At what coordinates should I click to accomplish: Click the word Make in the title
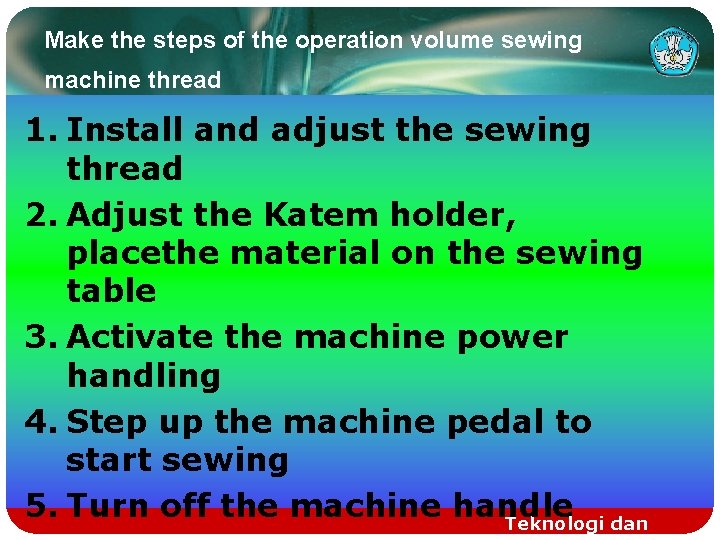click(67, 41)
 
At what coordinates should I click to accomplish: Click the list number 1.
click(39, 130)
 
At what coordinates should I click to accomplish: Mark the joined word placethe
click(143, 254)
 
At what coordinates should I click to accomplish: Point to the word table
click(111, 291)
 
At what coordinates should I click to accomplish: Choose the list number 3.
click(39, 337)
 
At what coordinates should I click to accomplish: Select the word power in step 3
click(511, 337)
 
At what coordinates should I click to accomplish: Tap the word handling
click(143, 376)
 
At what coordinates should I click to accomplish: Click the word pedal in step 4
click(494, 422)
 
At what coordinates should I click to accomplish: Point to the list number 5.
click(39, 505)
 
